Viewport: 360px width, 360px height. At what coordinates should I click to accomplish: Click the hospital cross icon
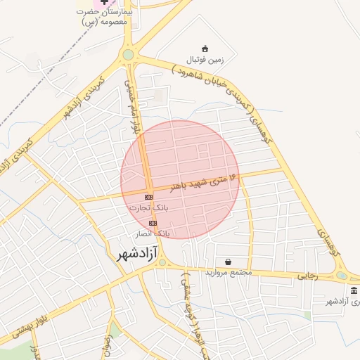[x=105, y=3]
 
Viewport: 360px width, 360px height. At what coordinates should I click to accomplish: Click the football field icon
[x=205, y=48]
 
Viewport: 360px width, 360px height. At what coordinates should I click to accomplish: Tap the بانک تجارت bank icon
[x=148, y=197]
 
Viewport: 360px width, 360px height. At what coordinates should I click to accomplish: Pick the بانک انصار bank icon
[x=153, y=222]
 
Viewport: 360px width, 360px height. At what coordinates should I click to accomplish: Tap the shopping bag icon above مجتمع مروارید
[x=228, y=262]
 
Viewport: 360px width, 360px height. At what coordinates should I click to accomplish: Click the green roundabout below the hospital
[x=128, y=54]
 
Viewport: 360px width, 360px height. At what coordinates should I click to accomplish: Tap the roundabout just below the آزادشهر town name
[x=162, y=264]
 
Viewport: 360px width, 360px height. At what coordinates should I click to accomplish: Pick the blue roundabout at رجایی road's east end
[x=341, y=276]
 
